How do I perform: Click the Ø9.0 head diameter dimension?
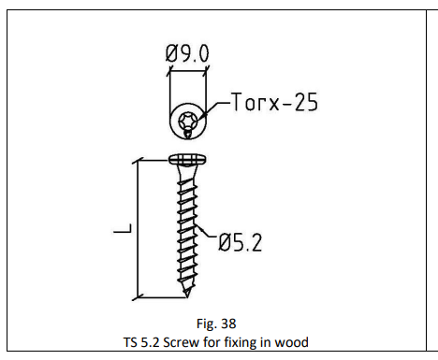coord(187,53)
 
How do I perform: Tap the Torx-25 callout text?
coord(274,102)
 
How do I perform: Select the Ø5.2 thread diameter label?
coord(240,243)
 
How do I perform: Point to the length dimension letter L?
coord(123,228)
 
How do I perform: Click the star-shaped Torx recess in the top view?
coord(187,121)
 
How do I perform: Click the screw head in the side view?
coord(187,159)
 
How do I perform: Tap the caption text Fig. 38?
coord(216,324)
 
